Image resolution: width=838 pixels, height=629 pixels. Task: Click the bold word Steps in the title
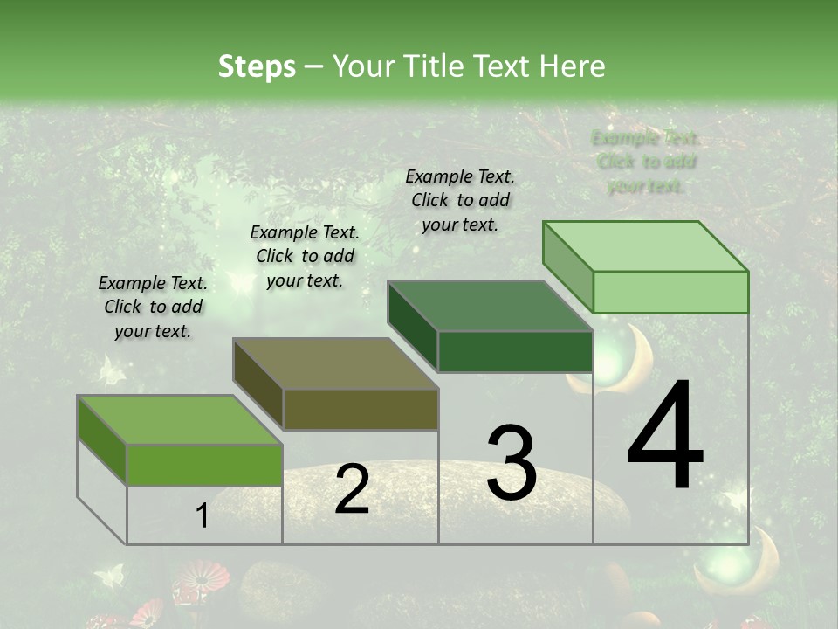257,66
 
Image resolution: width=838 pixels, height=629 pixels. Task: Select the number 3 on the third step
511,462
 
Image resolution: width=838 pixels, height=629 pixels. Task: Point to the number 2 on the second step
352,489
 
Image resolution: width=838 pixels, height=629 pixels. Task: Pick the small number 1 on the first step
202,516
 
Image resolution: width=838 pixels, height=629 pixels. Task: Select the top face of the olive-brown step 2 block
336,363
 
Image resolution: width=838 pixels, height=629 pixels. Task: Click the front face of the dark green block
515,351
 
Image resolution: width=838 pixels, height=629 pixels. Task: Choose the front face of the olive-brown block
361,409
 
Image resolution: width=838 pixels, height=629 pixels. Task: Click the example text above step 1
153,308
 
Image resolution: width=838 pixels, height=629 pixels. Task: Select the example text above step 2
305,256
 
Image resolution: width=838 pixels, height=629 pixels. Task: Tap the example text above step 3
460,200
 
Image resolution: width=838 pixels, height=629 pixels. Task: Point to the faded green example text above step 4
646,162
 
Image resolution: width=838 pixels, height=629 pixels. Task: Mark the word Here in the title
574,66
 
